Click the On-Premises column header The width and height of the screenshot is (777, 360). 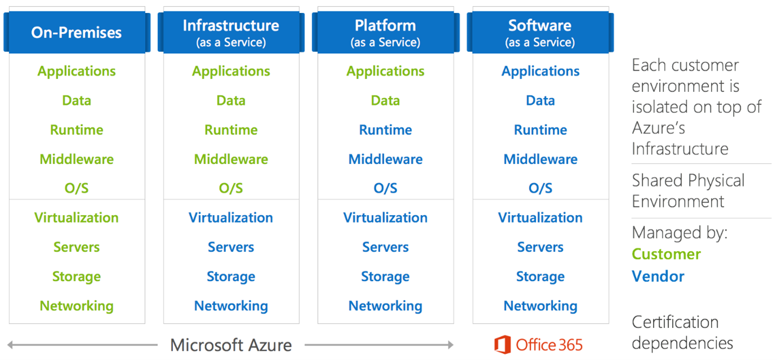pyautogui.click(x=77, y=32)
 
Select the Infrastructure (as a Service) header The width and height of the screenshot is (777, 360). pyautogui.click(x=231, y=32)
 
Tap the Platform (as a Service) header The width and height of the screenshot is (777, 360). pyautogui.click(x=385, y=32)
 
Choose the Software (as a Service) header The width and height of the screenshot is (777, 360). pyautogui.click(x=540, y=32)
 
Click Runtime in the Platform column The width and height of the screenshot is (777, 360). pyautogui.click(x=385, y=130)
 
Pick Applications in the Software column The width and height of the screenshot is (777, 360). pyautogui.click(x=540, y=72)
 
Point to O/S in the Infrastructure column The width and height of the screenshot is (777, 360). pyautogui.click(x=231, y=189)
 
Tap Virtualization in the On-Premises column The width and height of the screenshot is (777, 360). pyautogui.click(x=77, y=218)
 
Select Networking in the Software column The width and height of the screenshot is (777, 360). pyautogui.click(x=540, y=306)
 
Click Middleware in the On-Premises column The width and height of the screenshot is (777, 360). pyautogui.click(x=77, y=159)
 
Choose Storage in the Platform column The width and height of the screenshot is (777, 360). pyautogui.click(x=385, y=277)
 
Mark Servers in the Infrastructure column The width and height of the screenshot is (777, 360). pyautogui.click(x=231, y=247)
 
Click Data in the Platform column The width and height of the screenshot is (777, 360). pyautogui.click(x=385, y=101)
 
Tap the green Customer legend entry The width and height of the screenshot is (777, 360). pyautogui.click(x=666, y=254)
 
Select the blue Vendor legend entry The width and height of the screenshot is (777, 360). pyautogui.click(x=658, y=277)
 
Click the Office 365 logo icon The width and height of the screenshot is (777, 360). pyautogui.click(x=502, y=344)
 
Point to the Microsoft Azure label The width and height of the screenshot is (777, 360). pyautogui.click(x=231, y=345)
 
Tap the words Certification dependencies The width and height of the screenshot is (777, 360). pyautogui.click(x=682, y=332)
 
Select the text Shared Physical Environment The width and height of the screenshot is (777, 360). pyautogui.click(x=688, y=191)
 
